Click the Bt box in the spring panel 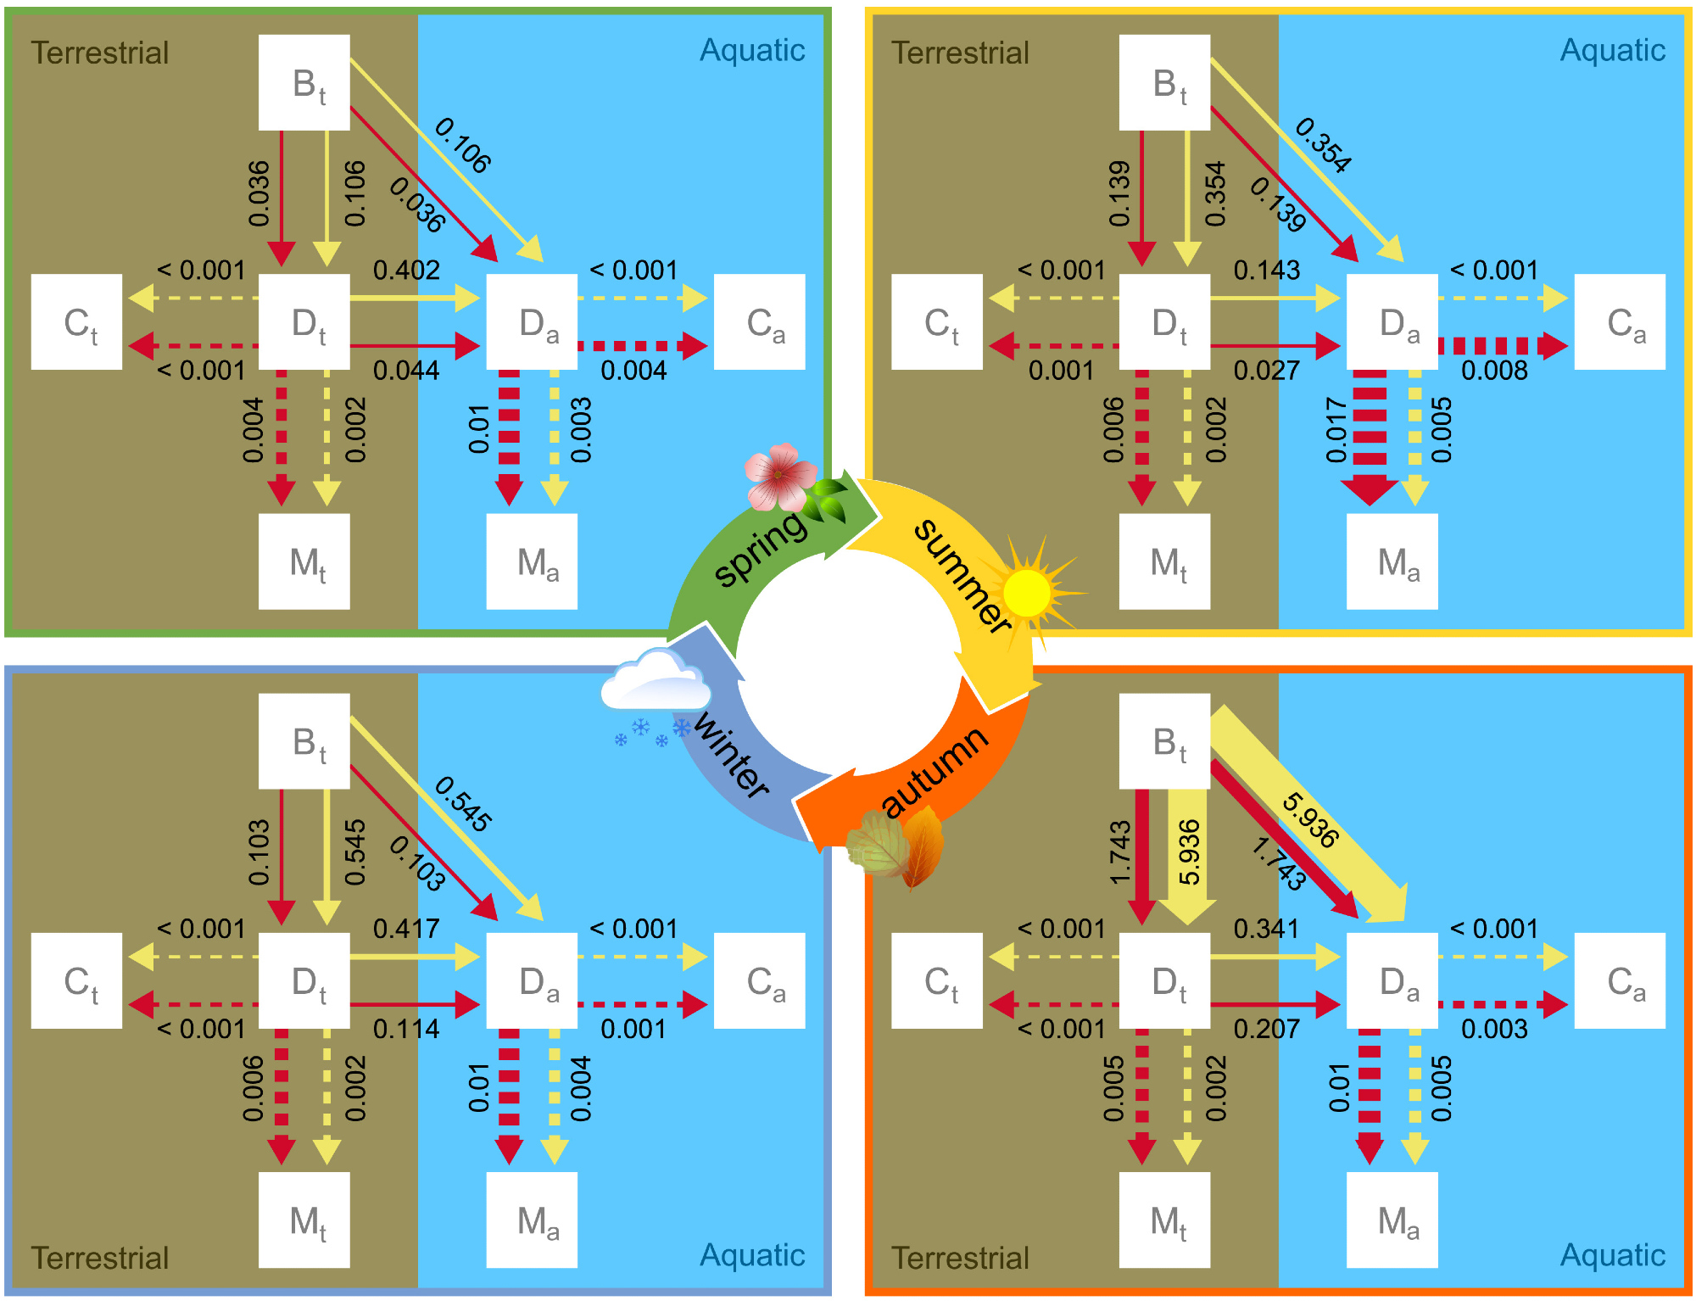pos(304,82)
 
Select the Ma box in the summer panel pos(1392,561)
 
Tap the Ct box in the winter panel pos(76,980)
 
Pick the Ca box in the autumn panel pos(1620,980)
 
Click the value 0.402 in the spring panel pos(406,271)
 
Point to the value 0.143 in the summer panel pos(1266,271)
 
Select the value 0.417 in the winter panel pos(406,929)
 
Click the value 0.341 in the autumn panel pos(1266,929)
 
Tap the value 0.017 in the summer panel pos(1336,430)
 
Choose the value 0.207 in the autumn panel pos(1266,1029)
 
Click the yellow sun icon pos(1027,592)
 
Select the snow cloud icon pos(655,683)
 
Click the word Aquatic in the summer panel pos(1612,51)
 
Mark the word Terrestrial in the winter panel pos(100,1258)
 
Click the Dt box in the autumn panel pos(1164,980)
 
